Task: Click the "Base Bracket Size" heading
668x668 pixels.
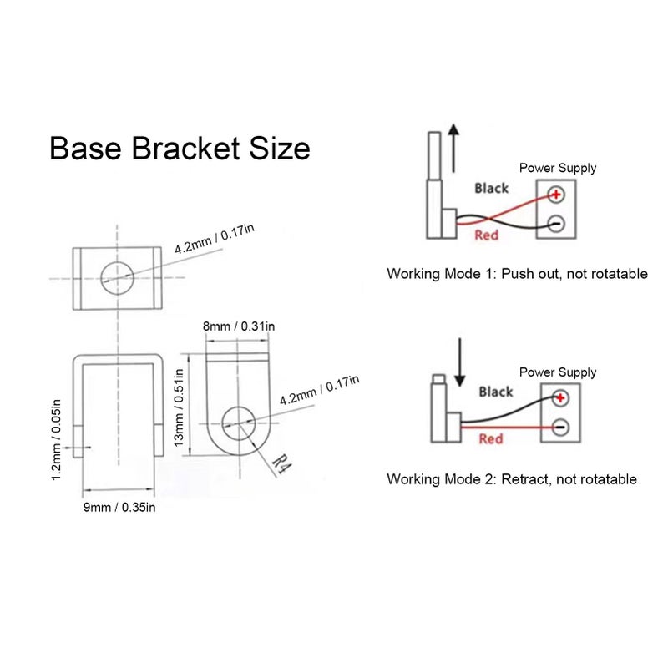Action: [180, 148]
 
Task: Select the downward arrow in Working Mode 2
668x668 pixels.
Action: [460, 362]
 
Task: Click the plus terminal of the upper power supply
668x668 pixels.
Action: [556, 195]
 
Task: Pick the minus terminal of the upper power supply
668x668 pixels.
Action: [556, 224]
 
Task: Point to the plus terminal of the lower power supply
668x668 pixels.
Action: [560, 398]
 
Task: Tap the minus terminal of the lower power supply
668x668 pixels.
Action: [560, 427]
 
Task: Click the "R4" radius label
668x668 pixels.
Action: [281, 465]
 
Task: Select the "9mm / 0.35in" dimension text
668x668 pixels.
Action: [119, 507]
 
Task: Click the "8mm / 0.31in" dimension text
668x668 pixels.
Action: [239, 326]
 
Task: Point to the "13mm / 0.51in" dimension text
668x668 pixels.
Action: [179, 407]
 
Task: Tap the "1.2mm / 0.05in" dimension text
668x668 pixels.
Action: [56, 440]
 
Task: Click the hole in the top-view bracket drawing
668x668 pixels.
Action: [117, 278]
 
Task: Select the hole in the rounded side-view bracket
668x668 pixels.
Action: [239, 423]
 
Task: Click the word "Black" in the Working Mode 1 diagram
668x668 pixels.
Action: [492, 189]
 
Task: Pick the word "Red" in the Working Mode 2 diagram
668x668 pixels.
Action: [491, 439]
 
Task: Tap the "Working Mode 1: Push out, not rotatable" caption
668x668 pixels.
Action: [517, 274]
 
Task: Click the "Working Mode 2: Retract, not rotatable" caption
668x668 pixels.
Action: [512, 478]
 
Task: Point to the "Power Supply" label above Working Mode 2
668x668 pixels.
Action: [558, 372]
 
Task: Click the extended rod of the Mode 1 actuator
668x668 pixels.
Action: [434, 156]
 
